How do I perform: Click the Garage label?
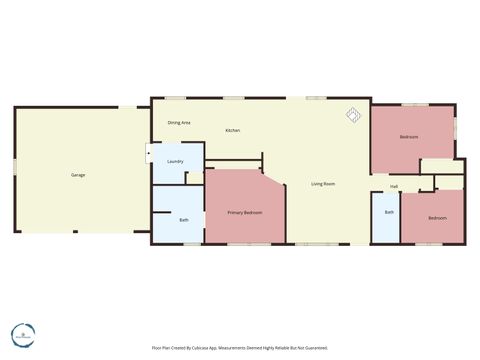[78, 175]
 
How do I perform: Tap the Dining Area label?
[179, 122]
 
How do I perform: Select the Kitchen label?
[232, 131]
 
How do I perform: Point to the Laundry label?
[175, 161]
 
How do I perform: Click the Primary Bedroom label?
[244, 213]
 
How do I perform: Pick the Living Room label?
[322, 184]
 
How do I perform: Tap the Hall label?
[394, 186]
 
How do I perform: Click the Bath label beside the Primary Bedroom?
[184, 220]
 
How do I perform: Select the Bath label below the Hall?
[389, 212]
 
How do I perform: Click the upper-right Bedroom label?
[408, 137]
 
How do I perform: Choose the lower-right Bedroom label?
[437, 218]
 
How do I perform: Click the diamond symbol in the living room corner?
[353, 115]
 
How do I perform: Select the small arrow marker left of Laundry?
[149, 155]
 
